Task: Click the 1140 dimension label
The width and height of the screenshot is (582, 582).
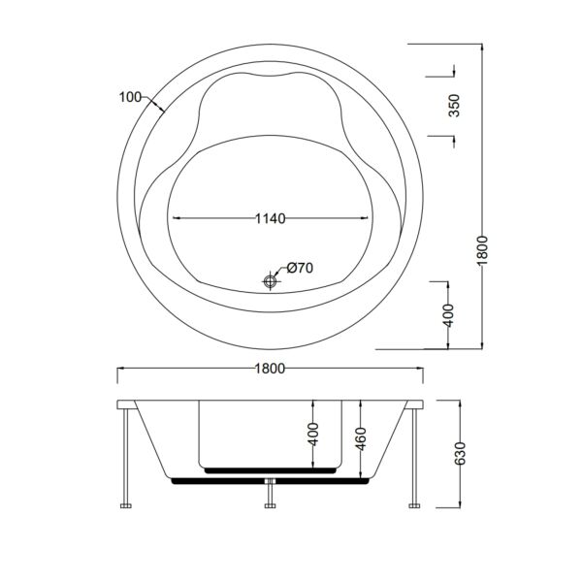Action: click(271, 218)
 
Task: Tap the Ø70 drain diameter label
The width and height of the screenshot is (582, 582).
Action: click(300, 268)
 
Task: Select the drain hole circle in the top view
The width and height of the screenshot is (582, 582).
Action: click(271, 280)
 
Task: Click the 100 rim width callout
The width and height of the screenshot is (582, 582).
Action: click(130, 97)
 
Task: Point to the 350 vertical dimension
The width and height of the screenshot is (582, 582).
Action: click(454, 106)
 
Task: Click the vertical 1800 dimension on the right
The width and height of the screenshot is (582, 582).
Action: click(482, 250)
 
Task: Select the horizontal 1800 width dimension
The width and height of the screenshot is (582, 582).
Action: click(271, 369)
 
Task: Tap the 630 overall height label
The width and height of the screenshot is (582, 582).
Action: click(460, 453)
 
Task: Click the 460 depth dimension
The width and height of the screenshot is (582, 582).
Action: click(361, 438)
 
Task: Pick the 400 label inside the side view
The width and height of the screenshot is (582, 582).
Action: click(313, 434)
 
